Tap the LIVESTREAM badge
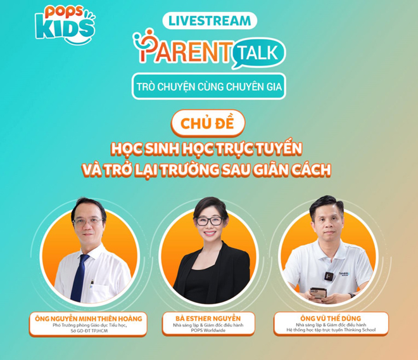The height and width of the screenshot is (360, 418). [209, 20]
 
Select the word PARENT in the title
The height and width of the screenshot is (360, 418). [184, 48]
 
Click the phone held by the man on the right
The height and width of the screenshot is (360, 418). [318, 292]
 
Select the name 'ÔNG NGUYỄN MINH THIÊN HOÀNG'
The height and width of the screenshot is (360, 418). [88, 318]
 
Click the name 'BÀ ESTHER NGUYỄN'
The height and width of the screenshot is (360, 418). [208, 318]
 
